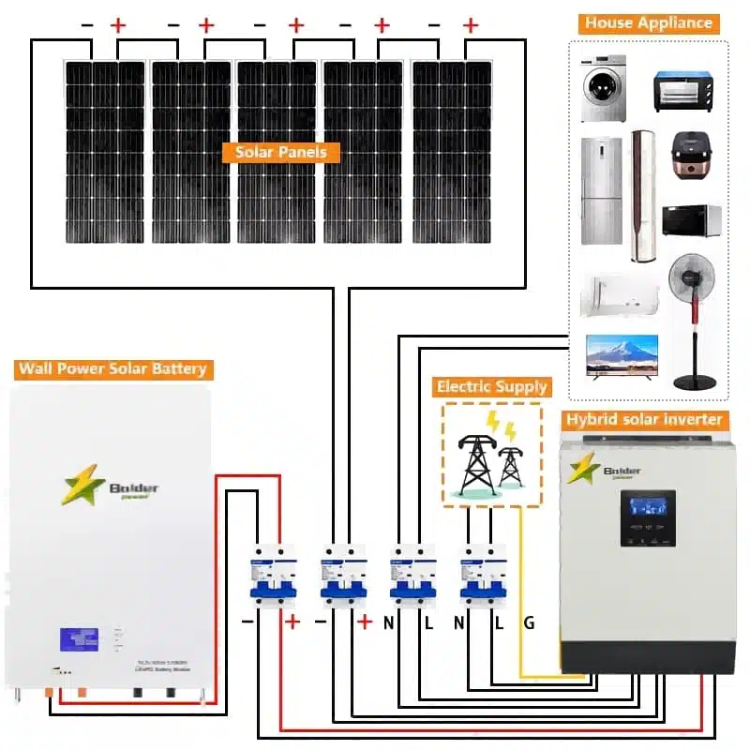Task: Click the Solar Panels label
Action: tap(281, 151)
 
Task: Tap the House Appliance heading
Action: tap(649, 23)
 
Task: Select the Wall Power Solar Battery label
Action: tap(112, 368)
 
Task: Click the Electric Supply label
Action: tap(491, 386)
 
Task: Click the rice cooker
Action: tap(692, 156)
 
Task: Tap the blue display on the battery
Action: tap(79, 637)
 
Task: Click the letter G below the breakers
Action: tap(529, 622)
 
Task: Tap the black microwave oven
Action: tap(691, 220)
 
